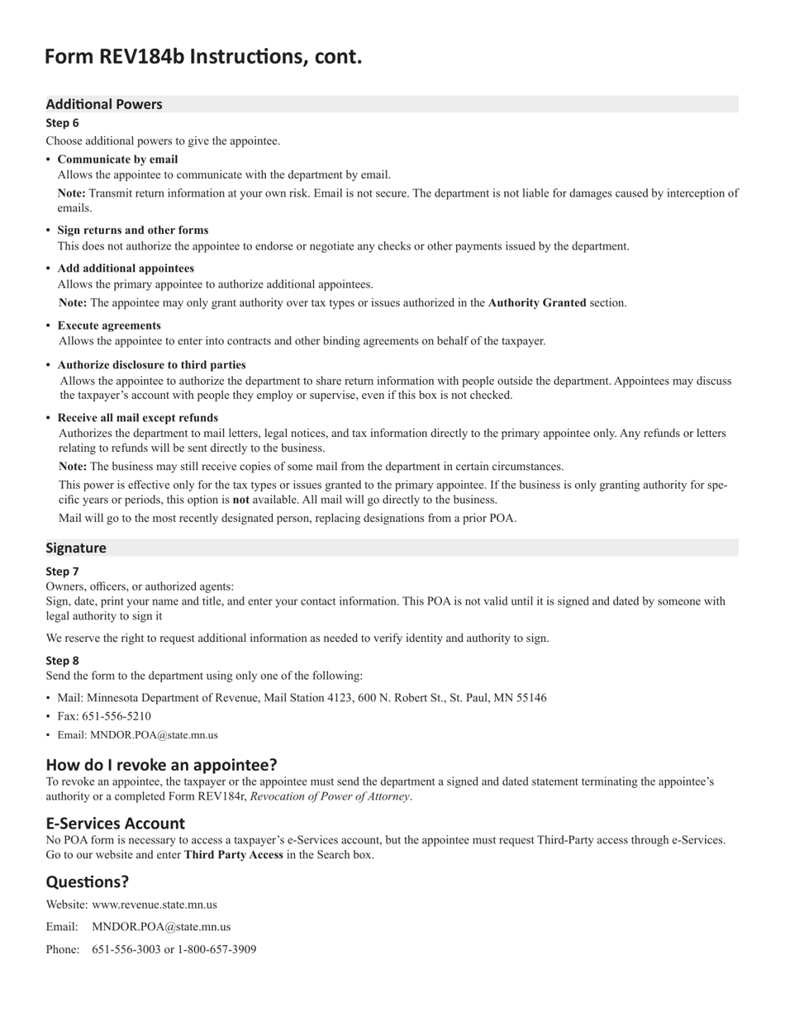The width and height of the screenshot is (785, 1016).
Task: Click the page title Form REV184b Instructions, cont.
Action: coord(203,56)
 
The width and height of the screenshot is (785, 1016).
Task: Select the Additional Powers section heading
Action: coord(104,104)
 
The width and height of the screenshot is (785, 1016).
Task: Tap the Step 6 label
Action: coord(63,123)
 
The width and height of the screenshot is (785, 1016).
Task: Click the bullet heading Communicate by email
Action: coord(117,159)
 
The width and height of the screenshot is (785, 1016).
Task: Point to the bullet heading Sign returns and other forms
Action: coord(133,230)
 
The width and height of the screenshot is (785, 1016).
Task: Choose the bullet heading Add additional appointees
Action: coord(126,268)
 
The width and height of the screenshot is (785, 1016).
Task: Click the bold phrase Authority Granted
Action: coord(537,303)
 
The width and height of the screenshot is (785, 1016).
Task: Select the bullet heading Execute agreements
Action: coord(109,325)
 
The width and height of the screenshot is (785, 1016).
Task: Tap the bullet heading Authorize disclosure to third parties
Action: coord(151,365)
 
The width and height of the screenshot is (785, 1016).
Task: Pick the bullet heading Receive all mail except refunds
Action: coord(138,418)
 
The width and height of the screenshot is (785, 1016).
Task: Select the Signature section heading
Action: coord(76,548)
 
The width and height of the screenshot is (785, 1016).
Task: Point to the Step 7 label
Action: coord(63,572)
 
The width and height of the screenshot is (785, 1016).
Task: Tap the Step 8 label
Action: coord(63,661)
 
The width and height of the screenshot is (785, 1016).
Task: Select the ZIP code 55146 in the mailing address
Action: coord(530,698)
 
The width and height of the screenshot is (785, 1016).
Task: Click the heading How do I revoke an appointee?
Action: coord(162,764)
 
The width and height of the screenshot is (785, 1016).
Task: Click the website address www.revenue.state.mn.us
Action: coord(155,904)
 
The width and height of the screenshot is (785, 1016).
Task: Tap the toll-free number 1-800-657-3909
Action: coord(217,949)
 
